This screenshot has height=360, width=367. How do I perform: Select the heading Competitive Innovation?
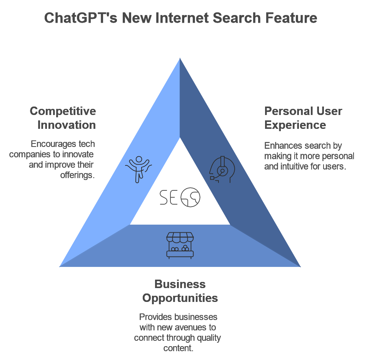pos(63,118)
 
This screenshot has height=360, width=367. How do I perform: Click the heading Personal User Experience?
pos(303,118)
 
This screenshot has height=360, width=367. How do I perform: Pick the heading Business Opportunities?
pos(180,291)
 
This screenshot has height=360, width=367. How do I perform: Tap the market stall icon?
pos(180,245)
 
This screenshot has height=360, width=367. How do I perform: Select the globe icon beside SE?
pos(190,197)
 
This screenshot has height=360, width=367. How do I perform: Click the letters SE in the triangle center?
pos(168,197)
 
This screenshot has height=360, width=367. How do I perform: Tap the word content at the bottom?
pos(177,348)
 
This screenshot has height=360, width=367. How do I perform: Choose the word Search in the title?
pos(238,18)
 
